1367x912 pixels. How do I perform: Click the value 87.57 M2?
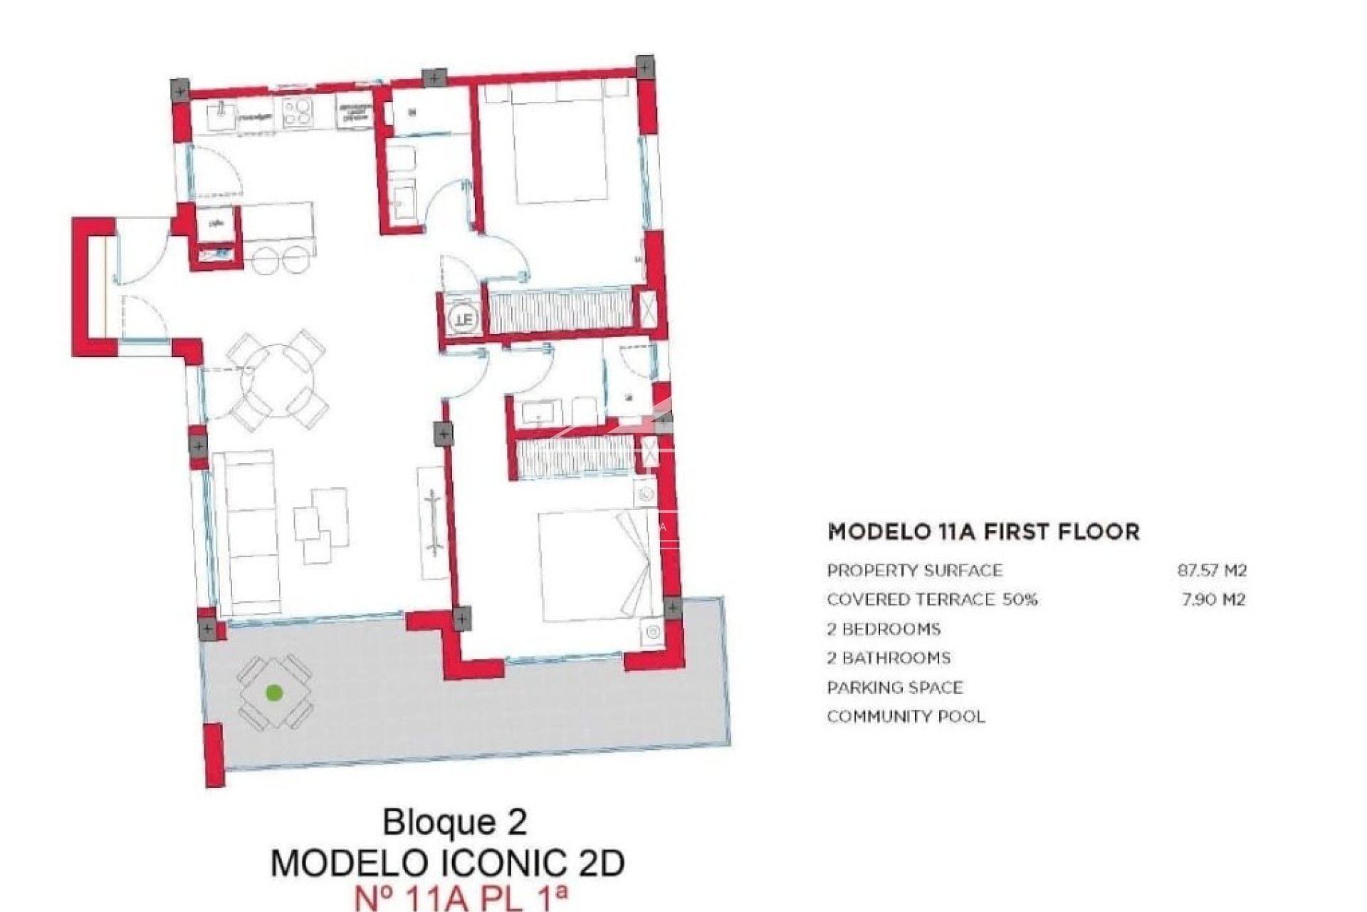click(x=1211, y=570)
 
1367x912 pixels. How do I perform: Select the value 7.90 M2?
click(x=1213, y=599)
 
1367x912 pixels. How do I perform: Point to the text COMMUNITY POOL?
click(x=906, y=716)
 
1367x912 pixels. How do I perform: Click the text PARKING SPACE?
click(x=895, y=688)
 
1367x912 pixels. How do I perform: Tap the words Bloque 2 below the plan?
click(x=455, y=822)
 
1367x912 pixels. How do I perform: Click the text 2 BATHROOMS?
click(x=889, y=658)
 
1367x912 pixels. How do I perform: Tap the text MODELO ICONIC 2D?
click(x=448, y=863)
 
